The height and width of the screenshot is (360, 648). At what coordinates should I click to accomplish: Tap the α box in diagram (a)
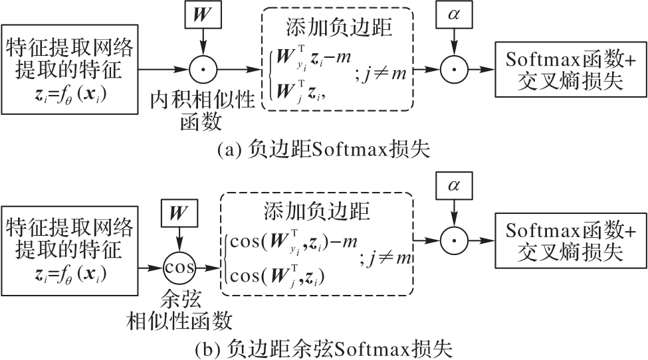(x=453, y=13)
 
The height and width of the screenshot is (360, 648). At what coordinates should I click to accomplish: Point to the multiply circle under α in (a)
(x=453, y=68)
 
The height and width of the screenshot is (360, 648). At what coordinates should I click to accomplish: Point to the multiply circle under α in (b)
(x=453, y=240)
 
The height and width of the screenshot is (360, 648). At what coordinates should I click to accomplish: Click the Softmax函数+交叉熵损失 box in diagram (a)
(x=569, y=68)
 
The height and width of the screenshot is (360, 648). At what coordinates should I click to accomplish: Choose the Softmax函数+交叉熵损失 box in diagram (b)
(x=569, y=241)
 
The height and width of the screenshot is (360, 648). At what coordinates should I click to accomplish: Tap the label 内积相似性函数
(x=202, y=110)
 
